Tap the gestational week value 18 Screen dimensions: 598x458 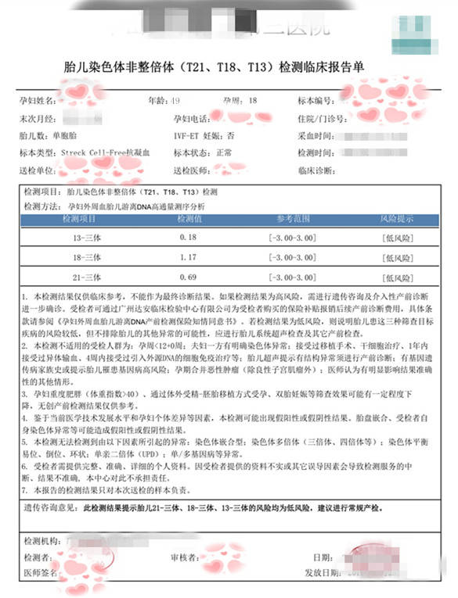point(252,102)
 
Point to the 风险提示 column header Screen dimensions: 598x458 point(395,221)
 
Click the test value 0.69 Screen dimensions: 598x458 point(188,278)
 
